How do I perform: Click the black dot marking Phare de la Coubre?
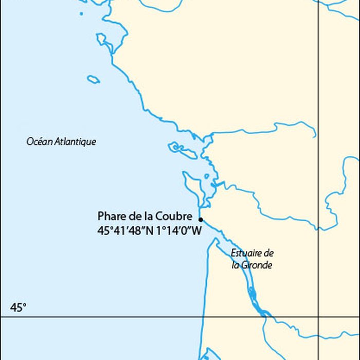coord(201,219)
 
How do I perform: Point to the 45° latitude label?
coord(18,308)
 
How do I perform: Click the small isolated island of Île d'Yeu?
coord(93,79)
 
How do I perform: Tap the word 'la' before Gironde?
coord(235,265)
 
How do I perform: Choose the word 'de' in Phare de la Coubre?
coord(135,216)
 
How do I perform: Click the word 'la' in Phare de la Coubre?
coord(149,216)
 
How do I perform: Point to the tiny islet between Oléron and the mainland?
coord(207,176)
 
